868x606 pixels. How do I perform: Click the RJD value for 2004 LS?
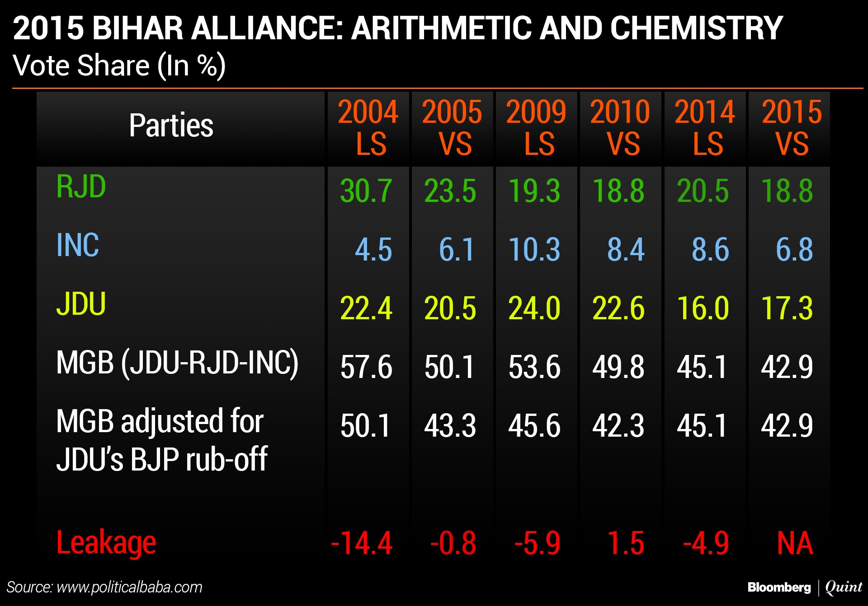click(x=366, y=191)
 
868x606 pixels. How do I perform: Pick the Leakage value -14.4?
click(x=362, y=543)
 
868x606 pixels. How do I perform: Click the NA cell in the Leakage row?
click(x=795, y=543)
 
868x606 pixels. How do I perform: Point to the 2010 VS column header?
click(x=620, y=128)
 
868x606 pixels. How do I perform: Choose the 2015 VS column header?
click(x=792, y=128)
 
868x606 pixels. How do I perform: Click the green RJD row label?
click(x=81, y=186)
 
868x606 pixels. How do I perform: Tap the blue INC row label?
click(x=77, y=245)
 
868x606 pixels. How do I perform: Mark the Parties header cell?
click(x=171, y=125)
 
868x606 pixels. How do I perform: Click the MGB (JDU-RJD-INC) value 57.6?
click(x=366, y=367)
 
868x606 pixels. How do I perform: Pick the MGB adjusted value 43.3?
click(x=450, y=425)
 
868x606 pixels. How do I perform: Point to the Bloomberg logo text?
click(x=779, y=587)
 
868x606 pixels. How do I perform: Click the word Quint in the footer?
click(x=844, y=587)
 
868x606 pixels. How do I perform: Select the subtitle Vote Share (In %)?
click(x=119, y=66)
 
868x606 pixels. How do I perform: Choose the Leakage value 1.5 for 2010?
click(x=626, y=543)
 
